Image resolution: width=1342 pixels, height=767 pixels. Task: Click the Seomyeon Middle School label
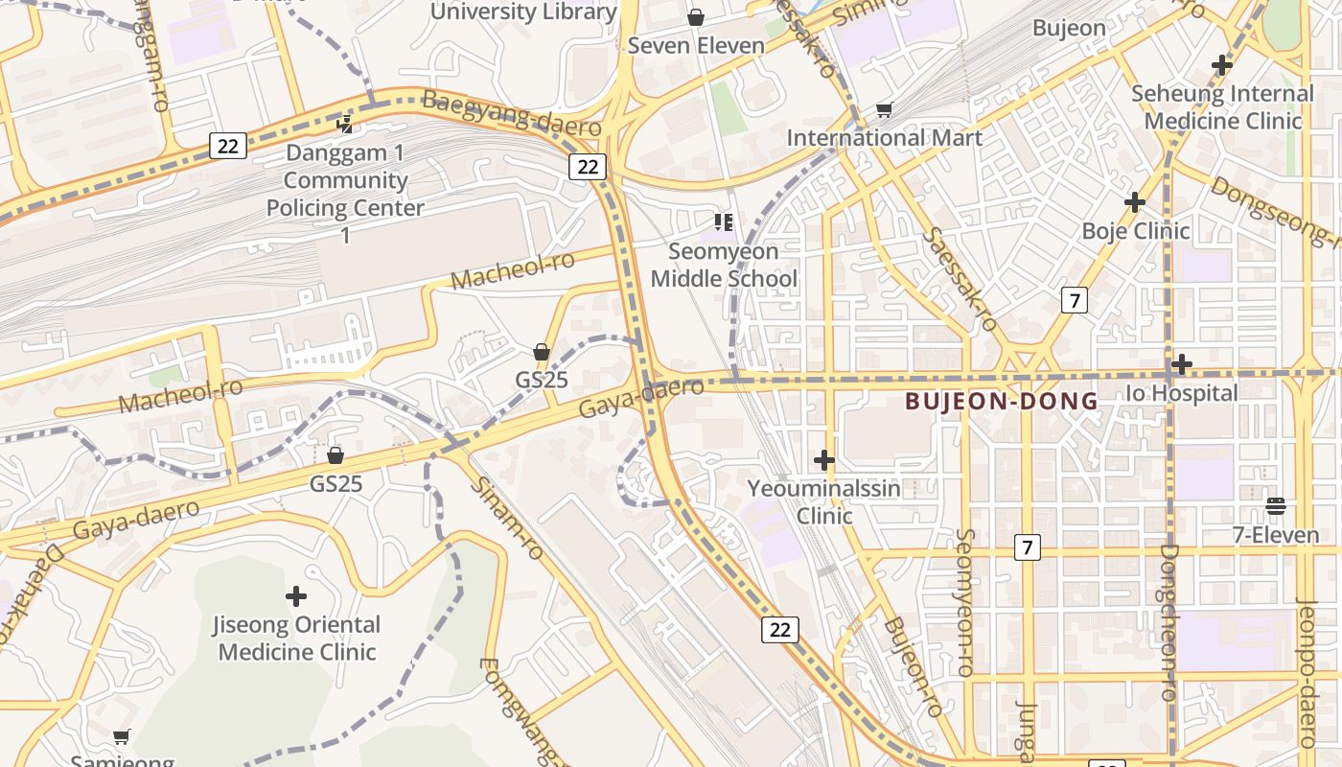click(724, 265)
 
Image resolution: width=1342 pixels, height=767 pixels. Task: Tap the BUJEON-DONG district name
click(1001, 401)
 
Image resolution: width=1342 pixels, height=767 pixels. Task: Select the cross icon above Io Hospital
click(1182, 364)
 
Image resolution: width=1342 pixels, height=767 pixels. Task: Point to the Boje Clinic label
click(1135, 231)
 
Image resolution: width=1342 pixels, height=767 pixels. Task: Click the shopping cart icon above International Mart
click(885, 110)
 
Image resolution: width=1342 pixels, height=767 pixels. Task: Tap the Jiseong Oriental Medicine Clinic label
click(296, 639)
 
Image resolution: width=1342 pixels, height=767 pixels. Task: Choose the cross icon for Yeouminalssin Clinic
click(823, 460)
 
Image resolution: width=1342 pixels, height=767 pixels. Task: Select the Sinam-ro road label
click(507, 518)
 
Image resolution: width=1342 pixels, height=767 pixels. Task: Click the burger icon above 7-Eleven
click(1275, 505)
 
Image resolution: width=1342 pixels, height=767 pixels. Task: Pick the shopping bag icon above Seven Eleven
click(696, 17)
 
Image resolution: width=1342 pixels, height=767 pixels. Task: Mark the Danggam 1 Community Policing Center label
click(345, 194)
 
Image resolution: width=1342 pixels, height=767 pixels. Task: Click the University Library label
click(523, 12)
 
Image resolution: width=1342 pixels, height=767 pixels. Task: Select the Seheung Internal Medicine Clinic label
click(1222, 107)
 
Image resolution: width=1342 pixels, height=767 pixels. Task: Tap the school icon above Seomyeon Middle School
click(724, 222)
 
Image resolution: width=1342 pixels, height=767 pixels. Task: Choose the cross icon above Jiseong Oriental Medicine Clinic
click(296, 596)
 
